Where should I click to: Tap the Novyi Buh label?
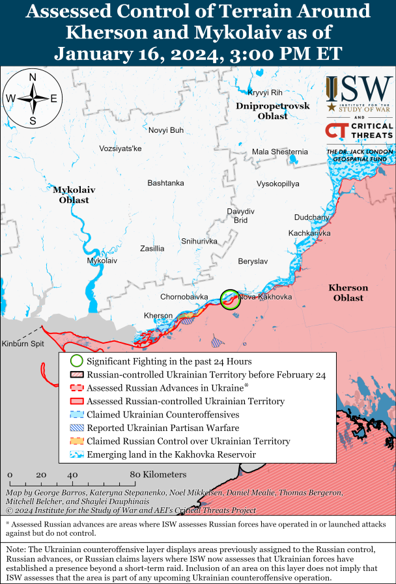click(166, 130)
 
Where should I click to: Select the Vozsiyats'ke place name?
click(120, 148)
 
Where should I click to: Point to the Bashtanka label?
click(165, 183)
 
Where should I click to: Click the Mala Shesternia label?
click(279, 152)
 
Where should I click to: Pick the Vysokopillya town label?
click(277, 184)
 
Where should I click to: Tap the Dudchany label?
click(312, 217)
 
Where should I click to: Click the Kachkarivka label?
click(309, 233)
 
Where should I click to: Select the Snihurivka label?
click(199, 241)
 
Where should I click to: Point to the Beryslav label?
click(253, 260)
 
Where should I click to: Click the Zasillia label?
click(152, 249)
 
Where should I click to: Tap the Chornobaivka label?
click(184, 297)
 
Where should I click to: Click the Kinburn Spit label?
click(21, 344)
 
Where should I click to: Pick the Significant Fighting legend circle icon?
click(76, 361)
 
